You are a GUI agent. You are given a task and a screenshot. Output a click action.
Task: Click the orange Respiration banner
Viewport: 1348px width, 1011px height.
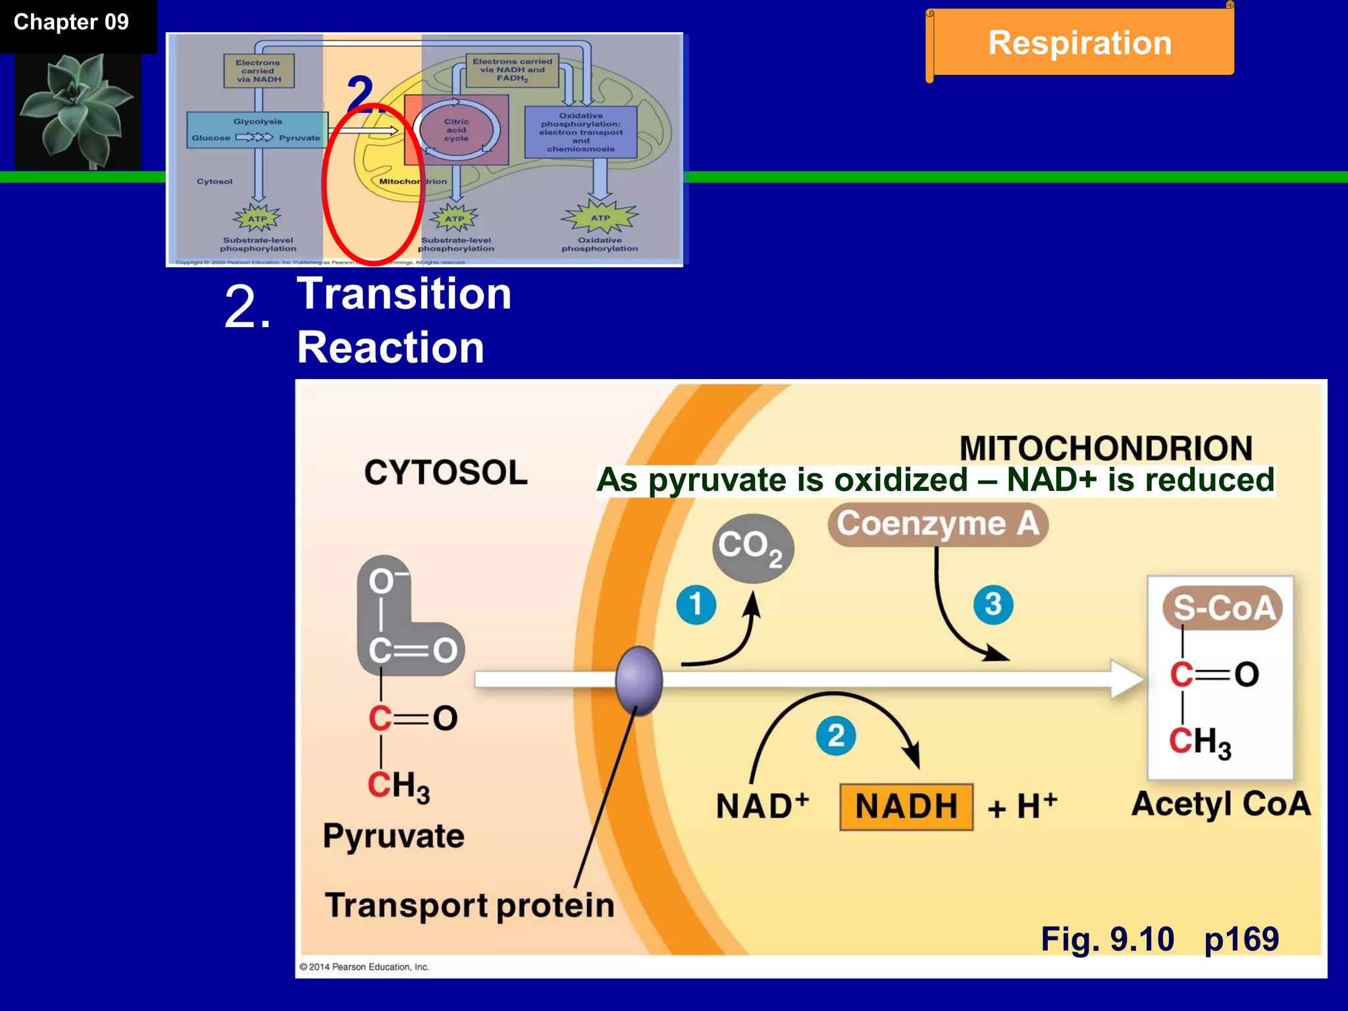[x=1079, y=43]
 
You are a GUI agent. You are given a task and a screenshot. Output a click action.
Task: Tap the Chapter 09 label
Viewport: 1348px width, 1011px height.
[x=71, y=22]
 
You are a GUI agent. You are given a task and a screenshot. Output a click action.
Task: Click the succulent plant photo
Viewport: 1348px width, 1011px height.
[x=78, y=111]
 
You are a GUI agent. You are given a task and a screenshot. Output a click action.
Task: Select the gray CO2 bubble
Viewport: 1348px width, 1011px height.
[x=752, y=548]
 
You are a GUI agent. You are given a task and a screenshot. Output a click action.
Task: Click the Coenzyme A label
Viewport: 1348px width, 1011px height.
[x=938, y=524]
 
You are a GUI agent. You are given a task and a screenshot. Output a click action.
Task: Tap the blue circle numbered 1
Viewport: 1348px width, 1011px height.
[x=696, y=604]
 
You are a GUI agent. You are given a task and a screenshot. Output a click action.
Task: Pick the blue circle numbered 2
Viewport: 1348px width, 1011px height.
[x=835, y=735]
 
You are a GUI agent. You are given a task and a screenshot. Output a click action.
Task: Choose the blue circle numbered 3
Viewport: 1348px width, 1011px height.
[x=993, y=604]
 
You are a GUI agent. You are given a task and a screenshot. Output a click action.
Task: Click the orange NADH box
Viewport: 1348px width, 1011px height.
[x=906, y=806]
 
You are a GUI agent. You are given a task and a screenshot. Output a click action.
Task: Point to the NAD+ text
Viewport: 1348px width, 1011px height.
[x=762, y=806]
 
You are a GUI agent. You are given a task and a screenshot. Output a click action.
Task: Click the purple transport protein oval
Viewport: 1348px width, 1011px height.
[x=638, y=680]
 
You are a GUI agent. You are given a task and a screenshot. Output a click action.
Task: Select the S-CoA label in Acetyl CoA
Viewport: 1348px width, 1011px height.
[x=1223, y=608]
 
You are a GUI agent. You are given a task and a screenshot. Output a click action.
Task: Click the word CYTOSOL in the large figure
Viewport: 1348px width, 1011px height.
[x=446, y=473]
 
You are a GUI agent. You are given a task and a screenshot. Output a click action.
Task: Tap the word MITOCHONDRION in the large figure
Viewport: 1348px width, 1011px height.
[x=1105, y=448]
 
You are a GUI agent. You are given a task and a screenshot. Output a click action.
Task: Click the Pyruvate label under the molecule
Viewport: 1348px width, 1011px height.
[x=394, y=837]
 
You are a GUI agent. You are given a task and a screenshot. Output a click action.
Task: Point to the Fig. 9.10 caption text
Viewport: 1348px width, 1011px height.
[x=1107, y=939]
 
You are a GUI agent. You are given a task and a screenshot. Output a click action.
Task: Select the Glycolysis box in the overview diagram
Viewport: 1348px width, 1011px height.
[x=257, y=130]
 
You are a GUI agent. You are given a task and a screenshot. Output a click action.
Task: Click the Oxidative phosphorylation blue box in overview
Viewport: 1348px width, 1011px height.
[x=581, y=132]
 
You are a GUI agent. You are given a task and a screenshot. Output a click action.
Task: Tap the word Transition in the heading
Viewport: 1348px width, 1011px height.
[x=404, y=294]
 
